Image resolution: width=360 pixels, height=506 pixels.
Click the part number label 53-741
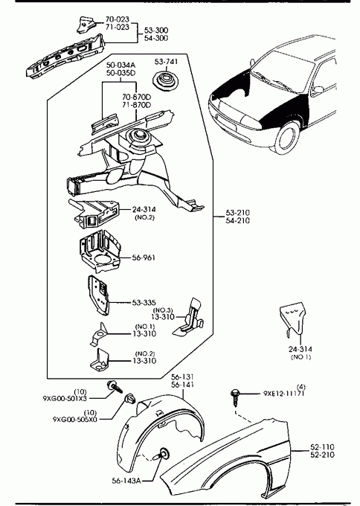(166, 61)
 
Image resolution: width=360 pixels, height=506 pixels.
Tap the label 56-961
(144, 257)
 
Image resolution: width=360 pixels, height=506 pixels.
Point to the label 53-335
(144, 303)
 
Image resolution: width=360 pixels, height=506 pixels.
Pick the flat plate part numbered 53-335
(99, 295)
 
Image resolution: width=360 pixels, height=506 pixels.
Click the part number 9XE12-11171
(284, 394)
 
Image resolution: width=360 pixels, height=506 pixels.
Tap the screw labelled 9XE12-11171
(235, 397)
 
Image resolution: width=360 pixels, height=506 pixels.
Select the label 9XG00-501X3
(65, 398)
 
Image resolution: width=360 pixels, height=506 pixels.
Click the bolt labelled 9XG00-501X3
(115, 386)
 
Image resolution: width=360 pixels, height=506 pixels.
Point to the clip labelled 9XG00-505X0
(130, 399)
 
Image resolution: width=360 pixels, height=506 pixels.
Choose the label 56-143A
(126, 481)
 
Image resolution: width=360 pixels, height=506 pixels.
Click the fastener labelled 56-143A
(163, 454)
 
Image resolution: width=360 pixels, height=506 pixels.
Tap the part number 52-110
(322, 446)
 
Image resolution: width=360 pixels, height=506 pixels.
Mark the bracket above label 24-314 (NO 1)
(293, 319)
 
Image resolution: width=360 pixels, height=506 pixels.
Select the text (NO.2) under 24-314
(144, 217)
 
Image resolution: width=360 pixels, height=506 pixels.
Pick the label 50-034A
(121, 65)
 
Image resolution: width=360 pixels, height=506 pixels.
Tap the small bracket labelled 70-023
(86, 24)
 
